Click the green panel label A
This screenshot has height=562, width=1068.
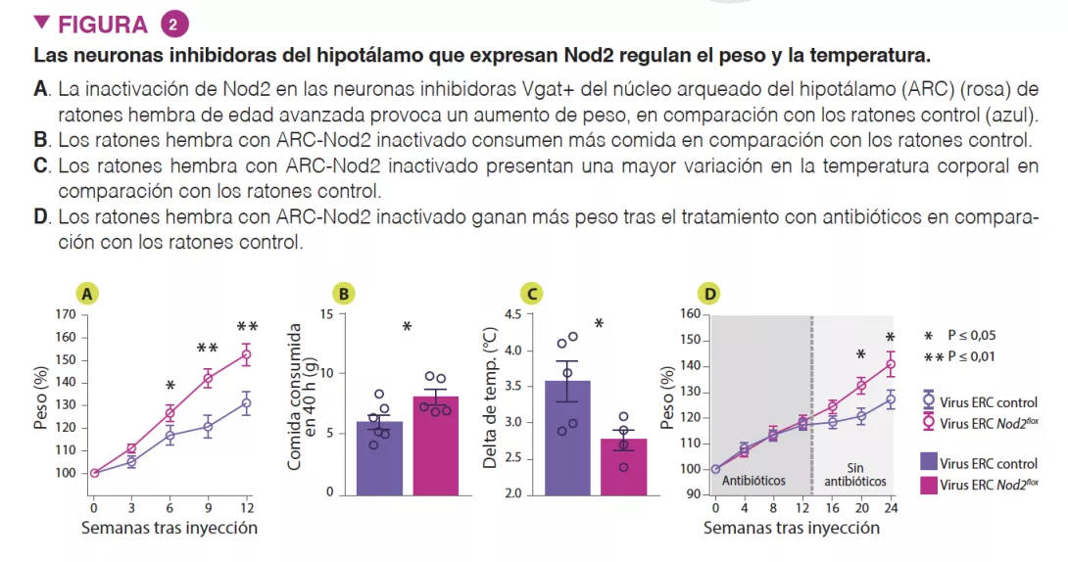pyautogui.click(x=87, y=293)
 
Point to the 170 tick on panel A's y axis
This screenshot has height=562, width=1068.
pyautogui.click(x=66, y=315)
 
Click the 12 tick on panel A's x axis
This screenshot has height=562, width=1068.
pyautogui.click(x=247, y=508)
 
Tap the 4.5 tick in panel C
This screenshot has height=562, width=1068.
pyautogui.click(x=511, y=315)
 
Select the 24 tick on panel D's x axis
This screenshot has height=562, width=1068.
pyautogui.click(x=891, y=508)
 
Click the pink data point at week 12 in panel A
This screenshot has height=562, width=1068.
pyautogui.click(x=247, y=354)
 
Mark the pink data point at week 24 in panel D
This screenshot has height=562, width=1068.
pyautogui.click(x=891, y=365)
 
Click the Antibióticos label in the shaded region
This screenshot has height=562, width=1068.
pyautogui.click(x=753, y=481)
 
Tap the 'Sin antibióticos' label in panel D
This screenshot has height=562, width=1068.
pyautogui.click(x=854, y=475)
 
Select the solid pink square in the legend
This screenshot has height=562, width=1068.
pyautogui.click(x=928, y=485)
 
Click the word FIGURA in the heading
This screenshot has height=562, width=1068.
pyautogui.click(x=104, y=24)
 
